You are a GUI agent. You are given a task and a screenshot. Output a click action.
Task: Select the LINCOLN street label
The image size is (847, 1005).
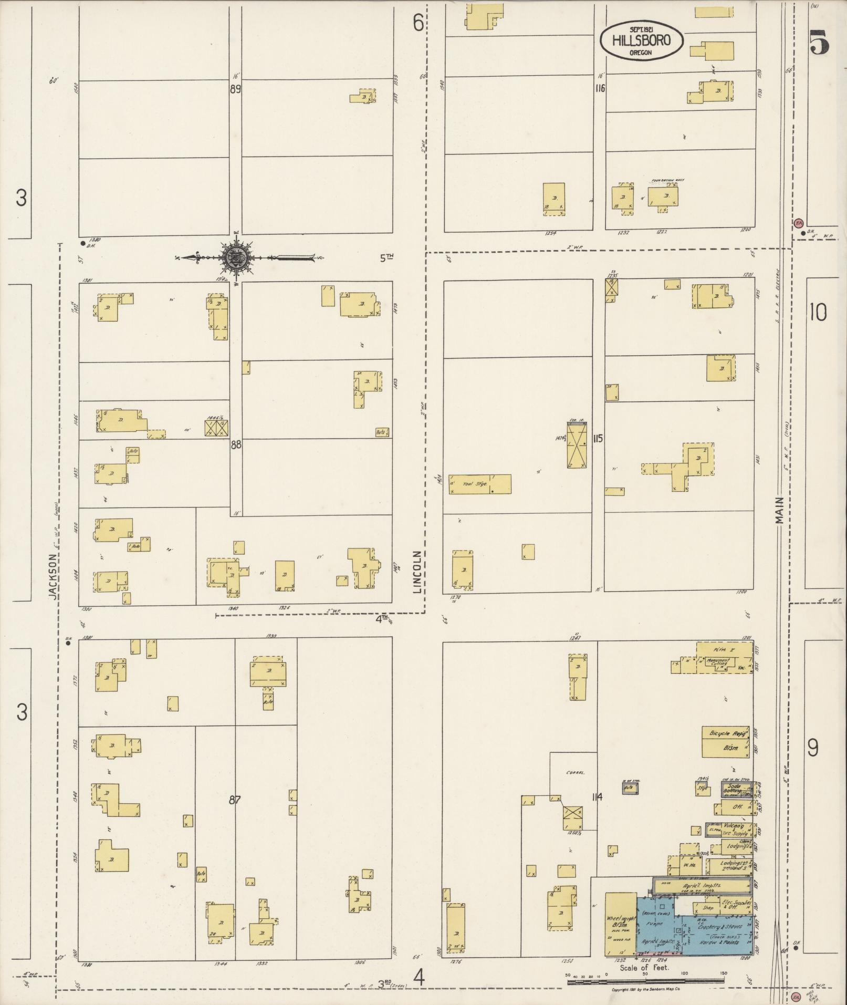[x=418, y=572]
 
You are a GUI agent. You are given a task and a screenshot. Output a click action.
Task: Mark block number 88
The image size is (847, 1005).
[x=236, y=444]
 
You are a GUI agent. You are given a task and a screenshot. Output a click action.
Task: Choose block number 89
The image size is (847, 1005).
[x=235, y=89]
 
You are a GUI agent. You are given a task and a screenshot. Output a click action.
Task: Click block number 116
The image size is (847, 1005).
[x=599, y=88]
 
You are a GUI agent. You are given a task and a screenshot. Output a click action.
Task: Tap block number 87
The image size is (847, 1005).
[x=235, y=800]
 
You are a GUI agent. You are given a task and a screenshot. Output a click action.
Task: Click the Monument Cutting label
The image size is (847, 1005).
[x=718, y=662]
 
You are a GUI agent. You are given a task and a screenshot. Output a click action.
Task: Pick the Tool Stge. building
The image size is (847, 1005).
[x=480, y=484]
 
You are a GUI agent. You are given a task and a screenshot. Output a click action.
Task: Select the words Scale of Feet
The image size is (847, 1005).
[x=644, y=967]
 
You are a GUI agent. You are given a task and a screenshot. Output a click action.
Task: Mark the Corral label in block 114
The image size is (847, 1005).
[x=575, y=773]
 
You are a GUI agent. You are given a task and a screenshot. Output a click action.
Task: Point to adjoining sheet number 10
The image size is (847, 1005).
[x=818, y=313]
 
